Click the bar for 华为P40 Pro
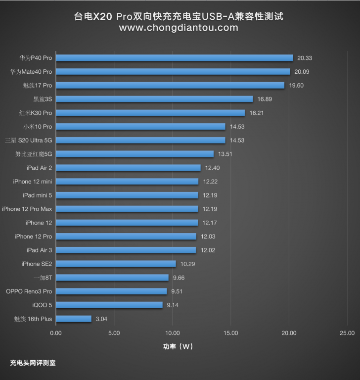(x=174, y=58)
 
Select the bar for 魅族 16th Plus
(x=74, y=319)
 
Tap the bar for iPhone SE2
(x=116, y=264)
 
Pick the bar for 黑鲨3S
(x=154, y=99)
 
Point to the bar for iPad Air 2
(x=128, y=168)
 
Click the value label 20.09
(x=302, y=72)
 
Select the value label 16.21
(x=257, y=113)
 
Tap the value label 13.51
(x=225, y=154)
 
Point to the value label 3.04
(x=101, y=319)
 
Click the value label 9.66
(x=179, y=278)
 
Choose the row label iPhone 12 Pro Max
(x=27, y=209)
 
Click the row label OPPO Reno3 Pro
(x=29, y=291)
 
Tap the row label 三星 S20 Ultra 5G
(x=29, y=141)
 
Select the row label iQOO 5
(x=42, y=305)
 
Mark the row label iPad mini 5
(x=37, y=195)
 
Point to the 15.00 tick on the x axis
(x=230, y=333)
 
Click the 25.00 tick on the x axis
(x=347, y=333)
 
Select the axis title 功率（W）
(x=178, y=346)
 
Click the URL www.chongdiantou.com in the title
(x=179, y=28)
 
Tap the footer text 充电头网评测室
(x=33, y=363)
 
